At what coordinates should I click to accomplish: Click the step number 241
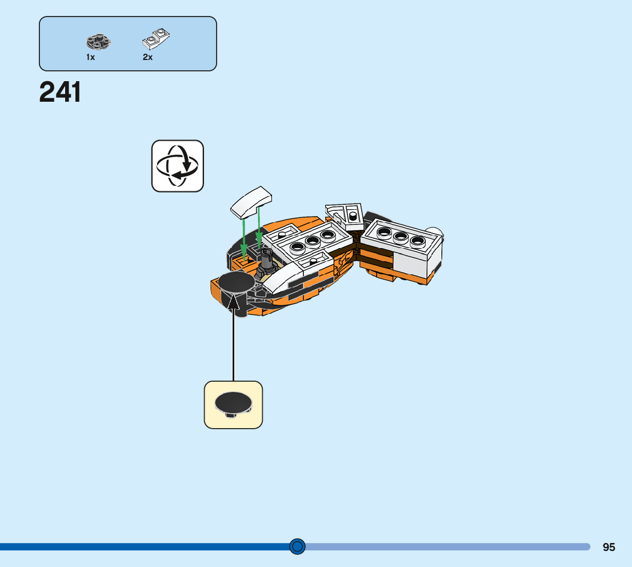tap(61, 93)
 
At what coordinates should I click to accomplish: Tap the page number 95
tap(609, 547)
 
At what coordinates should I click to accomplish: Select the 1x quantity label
tap(91, 57)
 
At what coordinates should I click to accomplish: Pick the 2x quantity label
tap(148, 57)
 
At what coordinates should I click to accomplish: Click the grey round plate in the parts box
tap(98, 42)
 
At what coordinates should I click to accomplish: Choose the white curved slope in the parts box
tap(155, 38)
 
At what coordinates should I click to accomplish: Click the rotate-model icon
tap(178, 166)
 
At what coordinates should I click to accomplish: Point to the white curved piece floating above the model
tap(251, 202)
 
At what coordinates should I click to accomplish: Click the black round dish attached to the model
tap(235, 282)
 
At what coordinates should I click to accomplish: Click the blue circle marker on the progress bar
tap(297, 547)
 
